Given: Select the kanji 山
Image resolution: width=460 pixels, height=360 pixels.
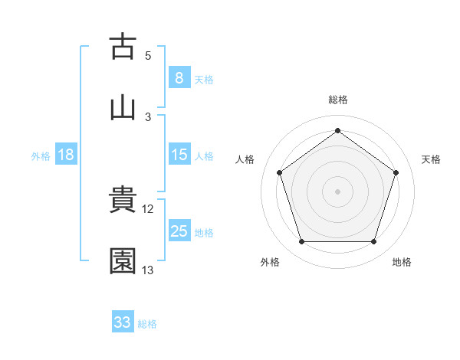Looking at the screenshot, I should [x=123, y=106].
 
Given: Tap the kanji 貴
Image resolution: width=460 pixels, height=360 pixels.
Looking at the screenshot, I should [x=123, y=201].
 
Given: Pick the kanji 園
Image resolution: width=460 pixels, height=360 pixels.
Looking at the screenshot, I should [x=123, y=261].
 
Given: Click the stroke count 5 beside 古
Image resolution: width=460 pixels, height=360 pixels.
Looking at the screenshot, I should [x=148, y=56].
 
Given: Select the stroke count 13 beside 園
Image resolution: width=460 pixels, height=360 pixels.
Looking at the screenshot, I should [x=148, y=270].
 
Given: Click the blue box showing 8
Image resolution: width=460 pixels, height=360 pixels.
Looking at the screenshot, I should [x=179, y=77].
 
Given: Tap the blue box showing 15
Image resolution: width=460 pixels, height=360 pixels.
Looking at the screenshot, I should [x=179, y=155].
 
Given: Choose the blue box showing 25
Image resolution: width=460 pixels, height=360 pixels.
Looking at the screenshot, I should [x=179, y=231].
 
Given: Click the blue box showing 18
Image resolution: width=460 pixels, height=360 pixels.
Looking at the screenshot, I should [x=66, y=155].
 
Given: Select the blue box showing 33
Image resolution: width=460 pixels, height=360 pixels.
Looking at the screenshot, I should [x=123, y=322].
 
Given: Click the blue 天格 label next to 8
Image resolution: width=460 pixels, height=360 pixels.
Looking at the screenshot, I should [x=204, y=79].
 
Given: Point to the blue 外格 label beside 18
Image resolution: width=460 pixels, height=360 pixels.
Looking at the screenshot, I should [x=41, y=156].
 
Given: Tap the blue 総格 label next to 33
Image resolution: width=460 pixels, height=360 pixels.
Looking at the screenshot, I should [x=148, y=324].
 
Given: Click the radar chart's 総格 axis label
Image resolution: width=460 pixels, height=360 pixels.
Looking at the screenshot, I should [x=338, y=100].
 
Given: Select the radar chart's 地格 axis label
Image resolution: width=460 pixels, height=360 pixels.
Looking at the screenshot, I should [x=402, y=263].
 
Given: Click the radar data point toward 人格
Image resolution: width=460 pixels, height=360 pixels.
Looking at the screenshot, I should [x=279, y=172].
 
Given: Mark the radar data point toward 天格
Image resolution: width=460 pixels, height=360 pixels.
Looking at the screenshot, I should [x=396, y=172].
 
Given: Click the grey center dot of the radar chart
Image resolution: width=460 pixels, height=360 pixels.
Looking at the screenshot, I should [x=338, y=191].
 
